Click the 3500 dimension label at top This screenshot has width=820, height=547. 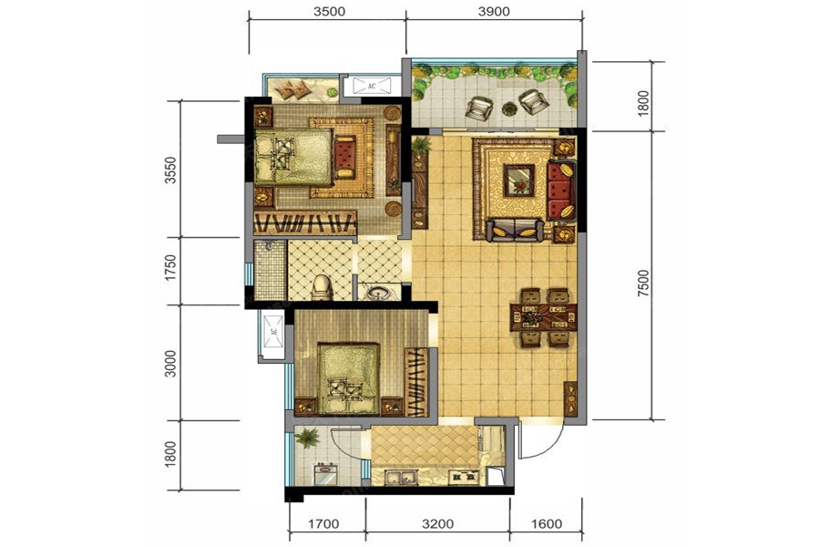point(330,12)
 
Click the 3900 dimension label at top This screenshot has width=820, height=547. point(494,12)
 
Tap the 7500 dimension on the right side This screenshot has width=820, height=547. point(644,284)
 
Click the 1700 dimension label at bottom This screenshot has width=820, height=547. point(323,523)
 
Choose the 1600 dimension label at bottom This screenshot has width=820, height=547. point(547,523)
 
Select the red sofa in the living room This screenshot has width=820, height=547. point(561,190)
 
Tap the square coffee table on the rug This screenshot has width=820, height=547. point(518,181)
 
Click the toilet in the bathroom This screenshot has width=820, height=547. point(323,287)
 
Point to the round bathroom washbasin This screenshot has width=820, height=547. point(375,292)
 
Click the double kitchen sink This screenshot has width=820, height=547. point(401,477)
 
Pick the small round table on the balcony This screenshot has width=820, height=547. point(508,108)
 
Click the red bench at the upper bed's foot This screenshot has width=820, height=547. point(345,157)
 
